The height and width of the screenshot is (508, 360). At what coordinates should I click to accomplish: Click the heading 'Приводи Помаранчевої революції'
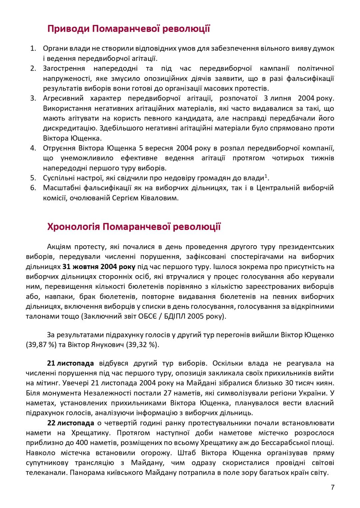(129, 29)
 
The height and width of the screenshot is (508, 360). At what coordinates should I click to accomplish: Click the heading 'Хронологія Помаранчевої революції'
(134, 227)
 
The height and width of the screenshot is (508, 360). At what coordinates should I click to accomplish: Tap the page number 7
(332, 487)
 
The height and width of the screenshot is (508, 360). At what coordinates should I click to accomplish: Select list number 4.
(33, 148)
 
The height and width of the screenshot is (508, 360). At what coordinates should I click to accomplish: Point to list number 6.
(33, 188)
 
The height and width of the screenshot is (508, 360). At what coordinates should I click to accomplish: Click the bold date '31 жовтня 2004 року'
(99, 266)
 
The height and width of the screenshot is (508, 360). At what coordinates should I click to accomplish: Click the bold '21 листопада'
(70, 363)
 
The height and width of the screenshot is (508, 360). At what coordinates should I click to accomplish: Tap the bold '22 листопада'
(71, 423)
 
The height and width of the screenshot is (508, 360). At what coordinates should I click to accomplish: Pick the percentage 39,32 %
(143, 344)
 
